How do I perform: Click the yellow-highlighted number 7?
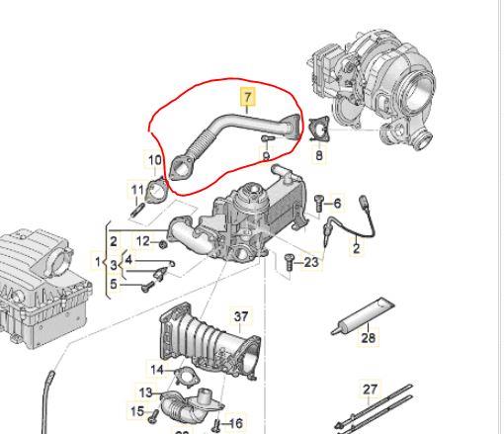[248, 98]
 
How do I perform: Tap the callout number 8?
[319, 154]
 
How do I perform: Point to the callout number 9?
[266, 156]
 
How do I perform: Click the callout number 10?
[154, 160]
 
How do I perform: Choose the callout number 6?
[336, 204]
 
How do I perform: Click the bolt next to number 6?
[320, 204]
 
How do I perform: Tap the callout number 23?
[311, 262]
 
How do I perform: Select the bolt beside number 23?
[290, 262]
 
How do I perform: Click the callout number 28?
[368, 338]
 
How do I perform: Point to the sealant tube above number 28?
[364, 316]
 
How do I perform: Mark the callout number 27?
[371, 390]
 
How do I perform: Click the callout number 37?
[241, 316]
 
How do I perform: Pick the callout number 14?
[156, 370]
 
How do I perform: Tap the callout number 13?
[145, 392]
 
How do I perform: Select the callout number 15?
[137, 410]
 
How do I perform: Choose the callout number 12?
[142, 241]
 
